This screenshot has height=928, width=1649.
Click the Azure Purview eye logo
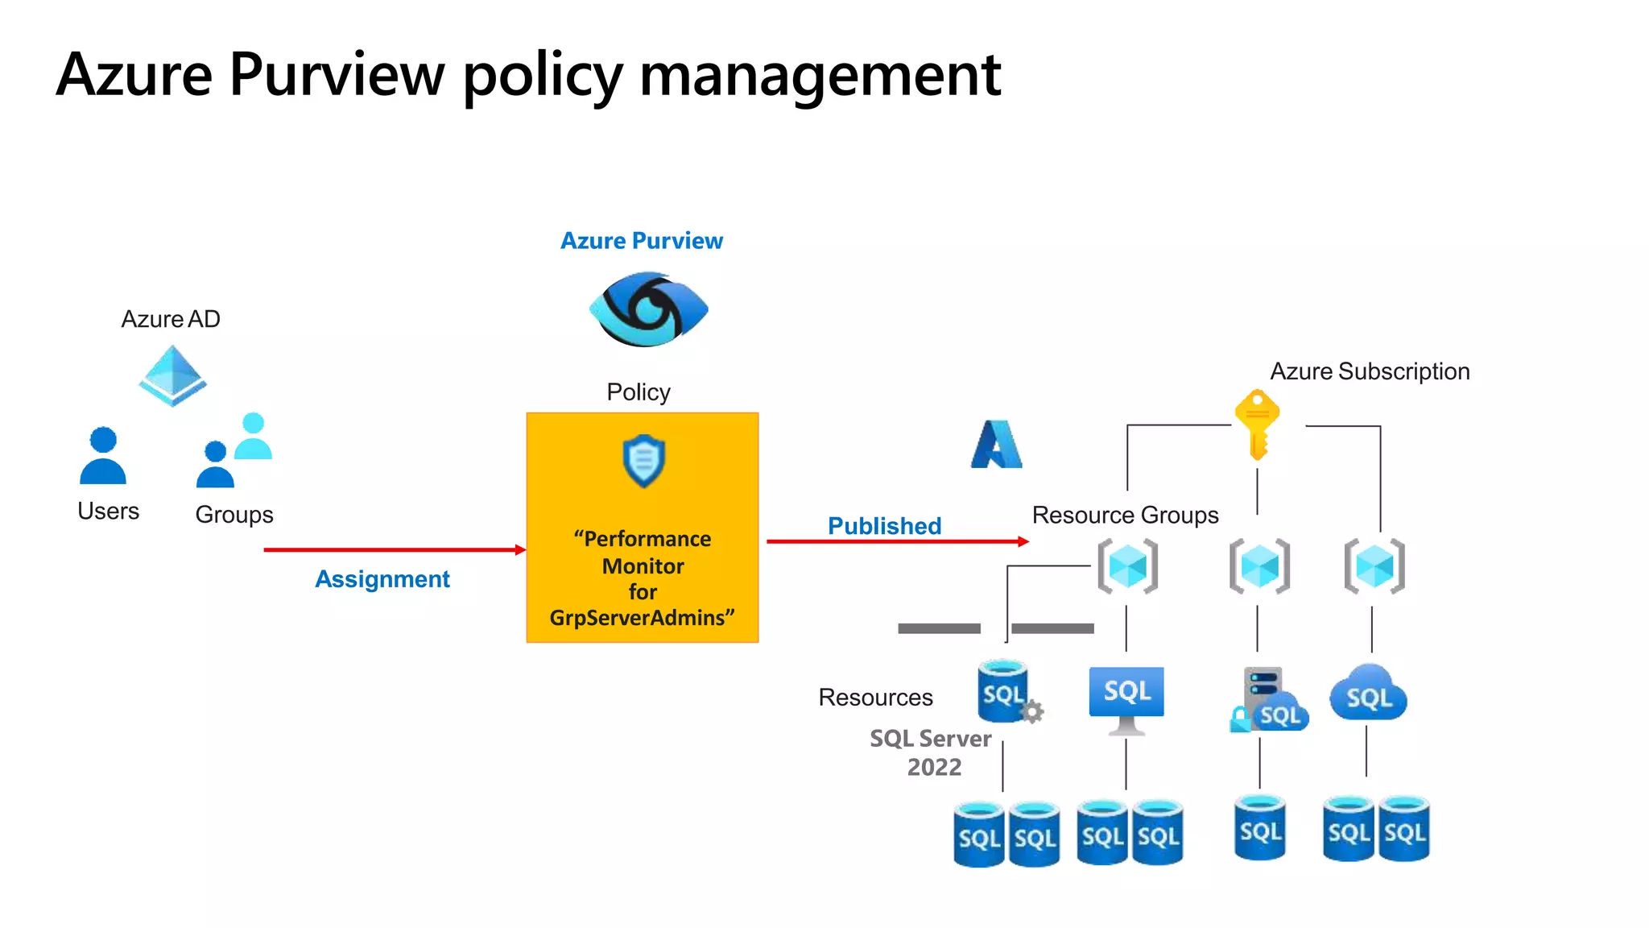pos(648,309)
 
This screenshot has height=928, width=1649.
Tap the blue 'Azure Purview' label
pos(642,241)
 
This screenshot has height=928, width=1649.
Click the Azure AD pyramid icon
pos(172,375)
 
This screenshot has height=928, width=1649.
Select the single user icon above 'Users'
pos(103,456)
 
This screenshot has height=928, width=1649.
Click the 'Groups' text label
pos(234,515)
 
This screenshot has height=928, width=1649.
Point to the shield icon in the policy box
pos(643,462)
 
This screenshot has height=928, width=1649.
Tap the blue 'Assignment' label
pos(382,579)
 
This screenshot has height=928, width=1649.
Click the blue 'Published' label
pos(884,526)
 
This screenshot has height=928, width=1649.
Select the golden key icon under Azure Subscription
pos(1257,424)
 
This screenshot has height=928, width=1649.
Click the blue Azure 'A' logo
pos(996,445)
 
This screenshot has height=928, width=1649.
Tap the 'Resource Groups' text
pos(1125,516)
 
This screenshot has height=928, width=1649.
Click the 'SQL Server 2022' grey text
pos(932,752)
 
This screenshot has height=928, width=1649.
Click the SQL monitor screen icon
pos(1126,698)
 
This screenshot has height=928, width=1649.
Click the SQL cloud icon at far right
pos(1368,694)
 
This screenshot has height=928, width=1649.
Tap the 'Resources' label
pos(875,698)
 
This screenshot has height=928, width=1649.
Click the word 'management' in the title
pos(820,74)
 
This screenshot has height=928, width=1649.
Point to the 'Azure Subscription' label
pos(1370,371)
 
